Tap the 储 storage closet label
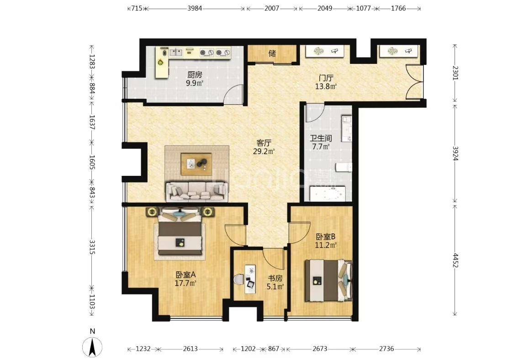(272, 53)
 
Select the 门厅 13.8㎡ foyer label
(326, 82)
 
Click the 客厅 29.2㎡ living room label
(264, 147)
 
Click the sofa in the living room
(197, 191)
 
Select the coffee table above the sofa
(196, 164)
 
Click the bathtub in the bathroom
(328, 194)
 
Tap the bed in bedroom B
(328, 281)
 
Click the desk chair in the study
(238, 279)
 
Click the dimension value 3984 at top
(195, 8)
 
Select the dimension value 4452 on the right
(455, 260)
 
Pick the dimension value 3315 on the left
(92, 247)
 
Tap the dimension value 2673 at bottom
(319, 349)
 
